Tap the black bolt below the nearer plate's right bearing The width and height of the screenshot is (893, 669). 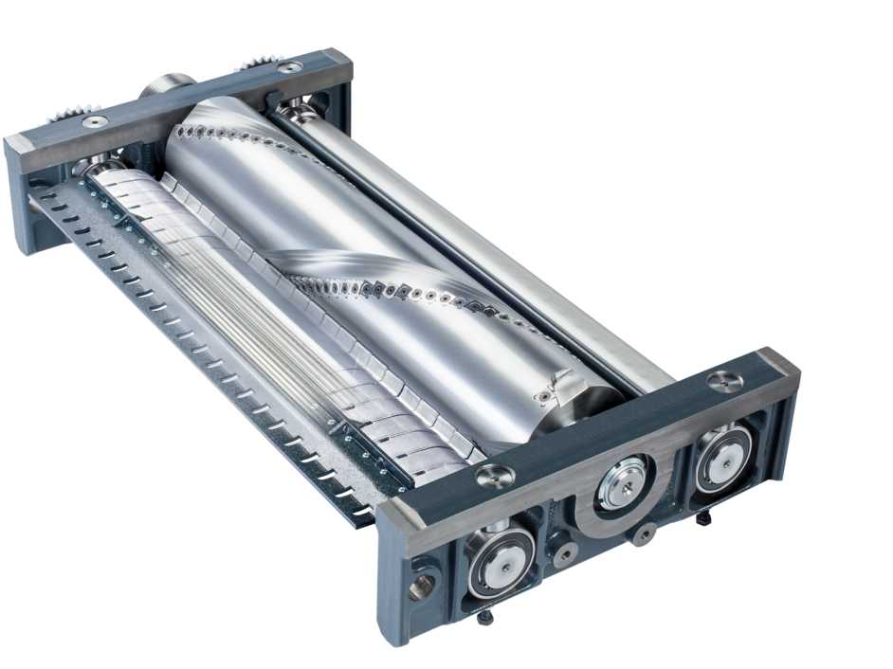tap(707, 517)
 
